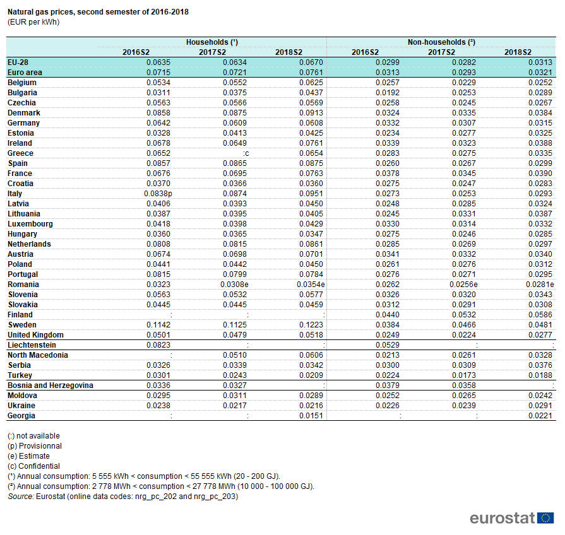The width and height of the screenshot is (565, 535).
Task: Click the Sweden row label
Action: click(x=22, y=325)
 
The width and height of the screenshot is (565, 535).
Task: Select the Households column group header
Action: click(x=212, y=42)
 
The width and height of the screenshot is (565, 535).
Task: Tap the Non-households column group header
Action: click(x=441, y=42)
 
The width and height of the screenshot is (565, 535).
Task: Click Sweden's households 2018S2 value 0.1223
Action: click(x=311, y=325)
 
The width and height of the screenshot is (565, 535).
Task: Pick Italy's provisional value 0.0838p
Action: click(x=158, y=194)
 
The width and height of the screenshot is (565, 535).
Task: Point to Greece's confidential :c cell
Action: click(x=246, y=153)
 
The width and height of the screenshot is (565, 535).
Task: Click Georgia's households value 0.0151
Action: click(x=311, y=416)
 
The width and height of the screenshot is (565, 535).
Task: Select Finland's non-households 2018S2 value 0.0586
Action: click(x=540, y=315)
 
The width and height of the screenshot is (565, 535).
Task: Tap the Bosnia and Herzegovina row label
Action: click(x=51, y=385)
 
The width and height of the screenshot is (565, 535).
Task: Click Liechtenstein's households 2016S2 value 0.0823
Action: click(x=158, y=345)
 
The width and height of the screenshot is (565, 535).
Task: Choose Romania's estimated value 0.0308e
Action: click(x=235, y=285)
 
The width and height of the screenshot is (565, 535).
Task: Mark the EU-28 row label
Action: click(x=18, y=62)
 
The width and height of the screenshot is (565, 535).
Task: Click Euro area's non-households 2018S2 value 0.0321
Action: click(x=540, y=73)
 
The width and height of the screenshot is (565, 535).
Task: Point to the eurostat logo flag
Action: click(x=545, y=518)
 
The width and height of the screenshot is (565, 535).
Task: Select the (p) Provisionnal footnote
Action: click(x=35, y=446)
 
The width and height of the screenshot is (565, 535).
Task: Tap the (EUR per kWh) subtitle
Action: click(x=33, y=22)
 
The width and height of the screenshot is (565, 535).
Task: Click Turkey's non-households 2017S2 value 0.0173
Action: click(x=464, y=375)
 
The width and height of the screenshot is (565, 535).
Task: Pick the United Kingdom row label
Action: click(x=36, y=335)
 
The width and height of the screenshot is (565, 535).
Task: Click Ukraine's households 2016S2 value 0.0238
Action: click(x=158, y=406)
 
